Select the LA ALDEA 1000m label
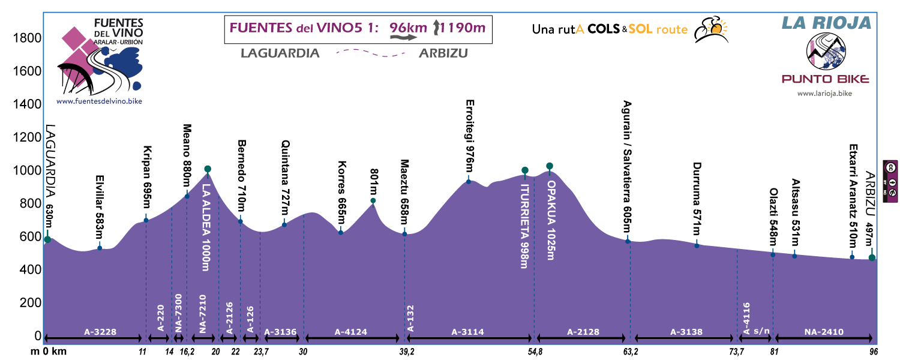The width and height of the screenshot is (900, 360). (x=207, y=220)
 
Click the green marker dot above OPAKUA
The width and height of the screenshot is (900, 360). (x=549, y=166)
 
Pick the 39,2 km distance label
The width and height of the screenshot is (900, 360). (x=406, y=352)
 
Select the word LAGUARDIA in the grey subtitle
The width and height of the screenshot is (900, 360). (x=280, y=53)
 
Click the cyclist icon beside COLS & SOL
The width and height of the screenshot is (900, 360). (x=710, y=29)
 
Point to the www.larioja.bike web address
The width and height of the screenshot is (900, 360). (x=824, y=94)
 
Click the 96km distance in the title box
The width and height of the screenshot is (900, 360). (x=407, y=27)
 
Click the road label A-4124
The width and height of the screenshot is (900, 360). (x=350, y=331)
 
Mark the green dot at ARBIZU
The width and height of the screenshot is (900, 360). (x=872, y=257)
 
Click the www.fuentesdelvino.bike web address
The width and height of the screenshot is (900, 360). (x=100, y=102)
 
